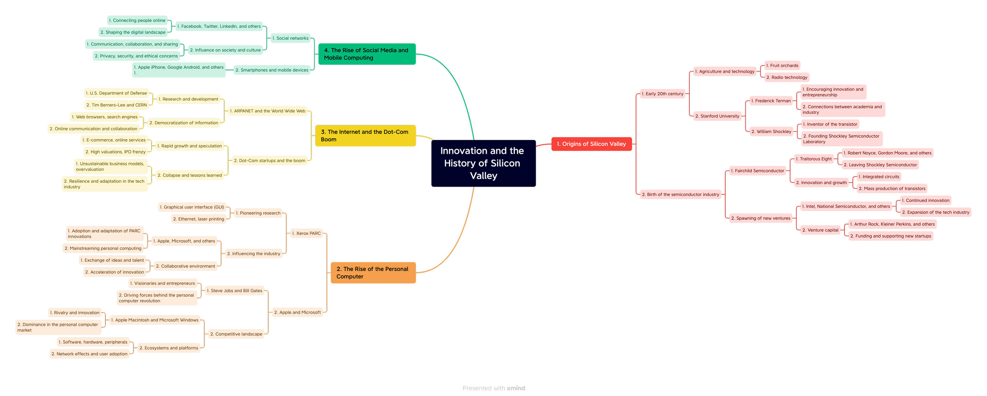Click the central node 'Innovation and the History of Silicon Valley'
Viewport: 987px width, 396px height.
click(x=483, y=163)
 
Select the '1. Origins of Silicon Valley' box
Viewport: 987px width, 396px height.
click(x=591, y=144)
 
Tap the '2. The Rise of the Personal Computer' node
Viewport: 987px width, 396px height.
click(x=373, y=273)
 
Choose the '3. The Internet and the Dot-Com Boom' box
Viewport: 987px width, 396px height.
click(x=365, y=136)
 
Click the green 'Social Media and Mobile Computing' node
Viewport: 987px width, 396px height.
click(x=366, y=54)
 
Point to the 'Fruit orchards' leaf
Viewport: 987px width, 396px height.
click(x=782, y=66)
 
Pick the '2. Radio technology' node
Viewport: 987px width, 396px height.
click(x=786, y=77)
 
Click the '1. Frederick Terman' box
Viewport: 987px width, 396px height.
click(x=771, y=101)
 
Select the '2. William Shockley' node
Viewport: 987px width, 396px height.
click(x=771, y=132)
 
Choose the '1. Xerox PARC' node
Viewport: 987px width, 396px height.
click(x=306, y=234)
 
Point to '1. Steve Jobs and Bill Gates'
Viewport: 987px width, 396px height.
click(x=235, y=291)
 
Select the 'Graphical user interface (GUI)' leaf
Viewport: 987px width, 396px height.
click(x=192, y=207)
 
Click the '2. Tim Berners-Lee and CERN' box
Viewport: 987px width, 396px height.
click(x=116, y=105)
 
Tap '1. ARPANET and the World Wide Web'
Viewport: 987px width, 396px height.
click(x=268, y=111)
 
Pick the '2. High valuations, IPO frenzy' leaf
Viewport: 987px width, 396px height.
click(x=115, y=152)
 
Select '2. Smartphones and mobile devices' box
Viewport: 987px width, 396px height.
click(x=272, y=70)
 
